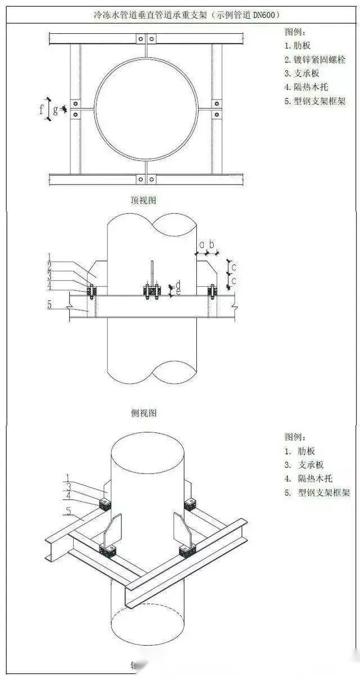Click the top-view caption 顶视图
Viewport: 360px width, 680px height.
tap(143, 199)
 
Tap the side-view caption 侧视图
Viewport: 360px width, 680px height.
tap(143, 413)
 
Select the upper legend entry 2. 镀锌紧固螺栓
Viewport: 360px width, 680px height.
tap(314, 59)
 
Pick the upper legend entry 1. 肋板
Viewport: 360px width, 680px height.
tap(298, 45)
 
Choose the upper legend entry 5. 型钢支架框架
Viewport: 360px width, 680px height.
tap(315, 101)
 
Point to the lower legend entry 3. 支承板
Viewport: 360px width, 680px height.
tap(304, 465)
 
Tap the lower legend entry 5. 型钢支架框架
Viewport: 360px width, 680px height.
tap(317, 493)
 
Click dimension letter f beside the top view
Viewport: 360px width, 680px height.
tap(41, 109)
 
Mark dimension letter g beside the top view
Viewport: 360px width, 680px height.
tap(55, 111)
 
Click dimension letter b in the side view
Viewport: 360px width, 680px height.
tap(212, 245)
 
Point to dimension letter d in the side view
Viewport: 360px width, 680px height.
tap(178, 283)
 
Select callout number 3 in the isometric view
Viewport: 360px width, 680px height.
tap(68, 487)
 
